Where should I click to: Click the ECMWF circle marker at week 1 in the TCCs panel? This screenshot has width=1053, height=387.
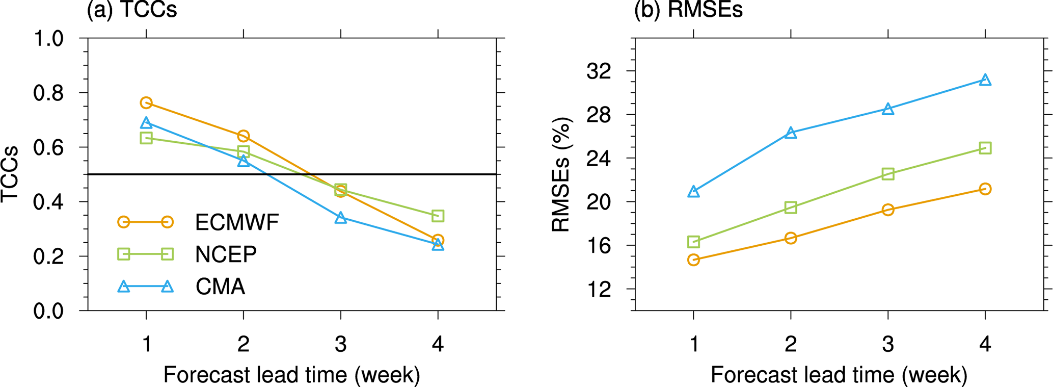[146, 103]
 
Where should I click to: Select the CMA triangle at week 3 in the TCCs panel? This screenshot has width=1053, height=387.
[341, 218]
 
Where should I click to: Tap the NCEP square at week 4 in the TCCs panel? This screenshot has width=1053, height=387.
[438, 216]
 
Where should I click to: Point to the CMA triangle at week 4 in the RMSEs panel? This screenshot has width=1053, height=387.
[985, 80]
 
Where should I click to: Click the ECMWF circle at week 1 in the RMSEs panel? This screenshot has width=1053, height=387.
[693, 260]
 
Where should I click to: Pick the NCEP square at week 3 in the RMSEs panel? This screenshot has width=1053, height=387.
[888, 174]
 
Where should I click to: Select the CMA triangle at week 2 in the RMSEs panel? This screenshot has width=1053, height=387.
[791, 133]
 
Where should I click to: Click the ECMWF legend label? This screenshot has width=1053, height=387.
[237, 222]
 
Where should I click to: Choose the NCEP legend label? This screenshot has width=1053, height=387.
[226, 254]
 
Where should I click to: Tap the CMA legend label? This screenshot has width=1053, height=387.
[220, 287]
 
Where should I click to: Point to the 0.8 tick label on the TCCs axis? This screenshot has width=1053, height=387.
[48, 93]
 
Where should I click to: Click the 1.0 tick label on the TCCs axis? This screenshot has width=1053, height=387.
[48, 39]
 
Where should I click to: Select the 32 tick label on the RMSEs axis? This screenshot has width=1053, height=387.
[599, 71]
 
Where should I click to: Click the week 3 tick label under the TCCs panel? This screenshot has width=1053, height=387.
[341, 345]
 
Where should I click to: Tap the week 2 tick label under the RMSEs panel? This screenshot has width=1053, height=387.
[791, 345]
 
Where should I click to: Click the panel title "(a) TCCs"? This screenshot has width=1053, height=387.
[132, 10]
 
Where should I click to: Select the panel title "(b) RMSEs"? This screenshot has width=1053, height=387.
[688, 10]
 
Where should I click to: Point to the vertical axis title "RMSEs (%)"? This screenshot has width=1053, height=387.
[561, 175]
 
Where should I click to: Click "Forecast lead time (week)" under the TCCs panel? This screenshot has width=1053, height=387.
[292, 375]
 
